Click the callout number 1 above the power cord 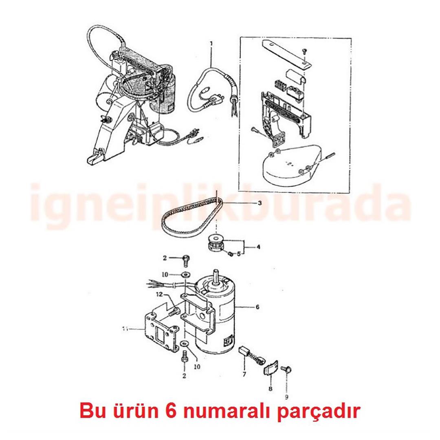click(x=211, y=43)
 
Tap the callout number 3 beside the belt click(x=260, y=203)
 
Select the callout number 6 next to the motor click(x=257, y=307)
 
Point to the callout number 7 click(x=244, y=374)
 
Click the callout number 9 click(x=286, y=396)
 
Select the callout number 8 click(x=271, y=389)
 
